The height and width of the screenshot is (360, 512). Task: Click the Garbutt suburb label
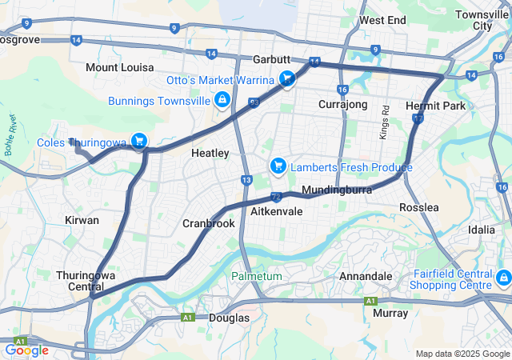pyautogui.click(x=271, y=60)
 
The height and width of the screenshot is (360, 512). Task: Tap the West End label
pyautogui.click(x=383, y=20)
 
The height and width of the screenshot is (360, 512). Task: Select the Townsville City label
pyautogui.click(x=483, y=20)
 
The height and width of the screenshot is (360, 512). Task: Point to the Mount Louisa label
pyautogui.click(x=120, y=67)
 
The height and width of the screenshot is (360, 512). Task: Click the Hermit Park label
pyautogui.click(x=435, y=106)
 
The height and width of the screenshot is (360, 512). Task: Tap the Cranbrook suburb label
pyautogui.click(x=209, y=224)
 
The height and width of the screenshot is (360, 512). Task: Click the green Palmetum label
pyautogui.click(x=257, y=276)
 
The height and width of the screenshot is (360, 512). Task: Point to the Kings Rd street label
pyautogui.click(x=385, y=121)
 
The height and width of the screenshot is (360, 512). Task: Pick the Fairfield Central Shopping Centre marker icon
pyautogui.click(x=503, y=278)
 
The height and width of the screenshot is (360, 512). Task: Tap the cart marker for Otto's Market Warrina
pyautogui.click(x=287, y=78)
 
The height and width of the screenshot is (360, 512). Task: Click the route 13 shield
pyautogui.click(x=246, y=180)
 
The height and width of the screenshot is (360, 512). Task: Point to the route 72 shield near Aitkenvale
pyautogui.click(x=276, y=195)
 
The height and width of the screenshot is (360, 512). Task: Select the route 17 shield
pyautogui.click(x=418, y=118)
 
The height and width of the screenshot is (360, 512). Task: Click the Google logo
pyautogui.click(x=26, y=350)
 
